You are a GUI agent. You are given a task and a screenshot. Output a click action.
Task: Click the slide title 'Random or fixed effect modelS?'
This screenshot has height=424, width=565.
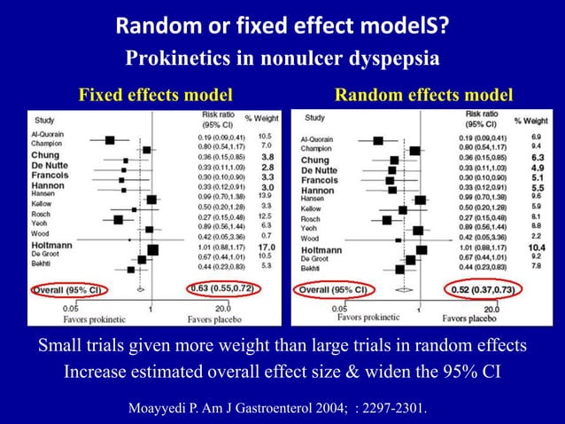[x=282, y=28]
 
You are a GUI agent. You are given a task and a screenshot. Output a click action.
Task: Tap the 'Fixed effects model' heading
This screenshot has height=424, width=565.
[x=157, y=95]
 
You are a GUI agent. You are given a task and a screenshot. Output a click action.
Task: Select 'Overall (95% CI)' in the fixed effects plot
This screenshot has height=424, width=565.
[x=68, y=290]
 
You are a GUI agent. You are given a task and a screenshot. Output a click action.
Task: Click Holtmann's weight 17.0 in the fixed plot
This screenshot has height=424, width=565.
[x=267, y=247]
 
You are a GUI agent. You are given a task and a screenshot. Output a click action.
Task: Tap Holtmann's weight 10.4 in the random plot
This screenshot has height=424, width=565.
[x=537, y=248]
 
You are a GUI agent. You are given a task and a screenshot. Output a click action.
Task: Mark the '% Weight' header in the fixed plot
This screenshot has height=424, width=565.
[x=262, y=119]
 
